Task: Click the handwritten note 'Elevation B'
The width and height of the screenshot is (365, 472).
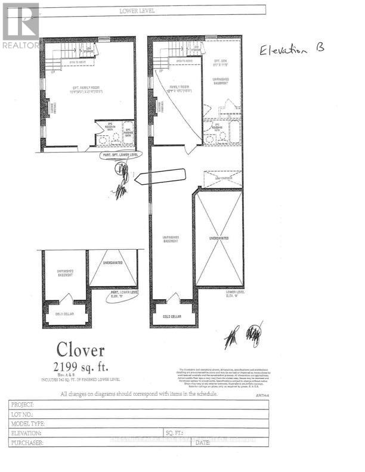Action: click(292, 51)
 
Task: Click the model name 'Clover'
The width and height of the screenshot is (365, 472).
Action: click(81, 350)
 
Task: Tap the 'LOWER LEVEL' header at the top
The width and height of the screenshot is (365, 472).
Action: click(137, 11)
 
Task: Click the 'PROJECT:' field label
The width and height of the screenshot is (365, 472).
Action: click(24, 404)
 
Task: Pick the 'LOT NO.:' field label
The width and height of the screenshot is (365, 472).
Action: click(23, 414)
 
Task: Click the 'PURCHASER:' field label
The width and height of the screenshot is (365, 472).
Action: click(27, 443)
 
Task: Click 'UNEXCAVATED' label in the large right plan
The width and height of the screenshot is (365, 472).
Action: click(219, 238)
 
